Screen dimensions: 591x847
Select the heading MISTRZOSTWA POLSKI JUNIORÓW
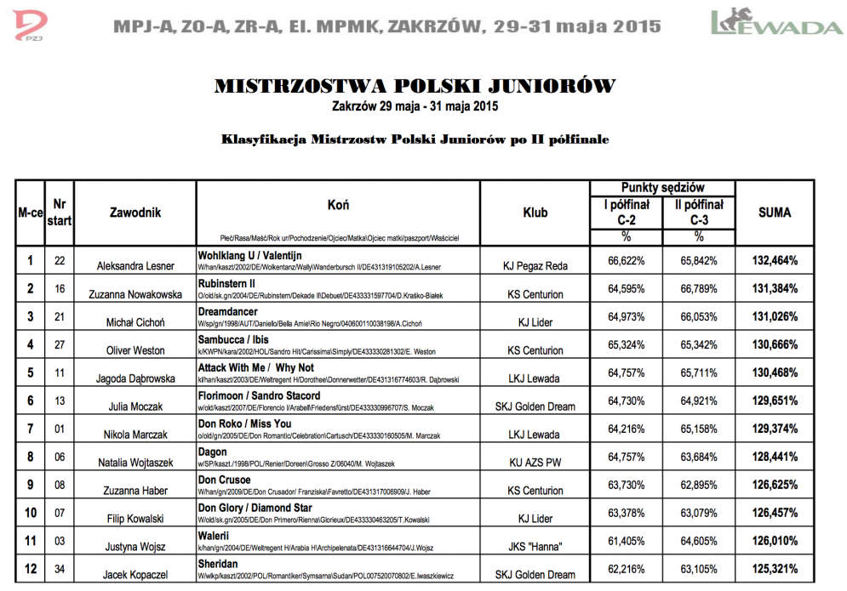pyautogui.click(x=415, y=86)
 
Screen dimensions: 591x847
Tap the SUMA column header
pyautogui.click(x=774, y=212)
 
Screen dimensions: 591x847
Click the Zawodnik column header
pyautogui.click(x=135, y=213)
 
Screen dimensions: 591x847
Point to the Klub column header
pyautogui.click(x=535, y=213)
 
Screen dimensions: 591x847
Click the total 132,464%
pyautogui.click(x=774, y=260)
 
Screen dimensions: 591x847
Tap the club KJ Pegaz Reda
pyautogui.click(x=535, y=265)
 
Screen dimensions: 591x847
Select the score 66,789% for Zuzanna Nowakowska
pyautogui.click(x=698, y=288)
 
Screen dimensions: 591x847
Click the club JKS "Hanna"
pyautogui.click(x=535, y=548)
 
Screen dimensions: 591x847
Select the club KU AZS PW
pyautogui.click(x=535, y=463)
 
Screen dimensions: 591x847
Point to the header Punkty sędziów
pyautogui.click(x=663, y=187)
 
